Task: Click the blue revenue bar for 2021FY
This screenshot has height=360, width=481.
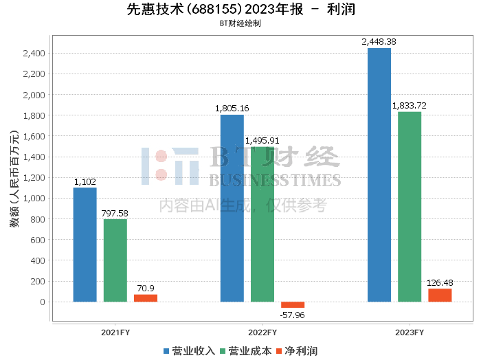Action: [x=85, y=245]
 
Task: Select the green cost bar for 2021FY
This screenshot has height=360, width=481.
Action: [x=115, y=260]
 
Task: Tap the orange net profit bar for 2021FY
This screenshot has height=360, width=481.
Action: [x=146, y=298]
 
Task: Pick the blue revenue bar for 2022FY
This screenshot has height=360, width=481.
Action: [x=232, y=208]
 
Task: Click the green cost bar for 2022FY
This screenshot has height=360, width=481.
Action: [x=262, y=225]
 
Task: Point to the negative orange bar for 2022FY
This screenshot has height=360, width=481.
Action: [x=293, y=304]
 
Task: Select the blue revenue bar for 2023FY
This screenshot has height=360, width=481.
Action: [x=379, y=175]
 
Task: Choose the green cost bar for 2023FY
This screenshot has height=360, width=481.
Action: [x=410, y=207]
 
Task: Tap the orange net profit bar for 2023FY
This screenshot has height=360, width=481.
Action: [x=440, y=295]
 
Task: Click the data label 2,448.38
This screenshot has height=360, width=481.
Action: [x=379, y=42]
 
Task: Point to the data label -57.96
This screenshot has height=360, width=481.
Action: [x=293, y=315]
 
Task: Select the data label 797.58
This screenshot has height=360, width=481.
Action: [x=115, y=214]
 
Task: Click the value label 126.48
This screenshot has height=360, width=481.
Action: [x=440, y=283]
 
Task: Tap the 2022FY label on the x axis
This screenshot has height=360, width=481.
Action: [x=262, y=333]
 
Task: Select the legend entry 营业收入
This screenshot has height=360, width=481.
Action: [x=190, y=350]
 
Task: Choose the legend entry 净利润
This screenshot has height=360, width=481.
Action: [x=297, y=350]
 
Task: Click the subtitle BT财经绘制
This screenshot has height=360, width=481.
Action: [x=240, y=23]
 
